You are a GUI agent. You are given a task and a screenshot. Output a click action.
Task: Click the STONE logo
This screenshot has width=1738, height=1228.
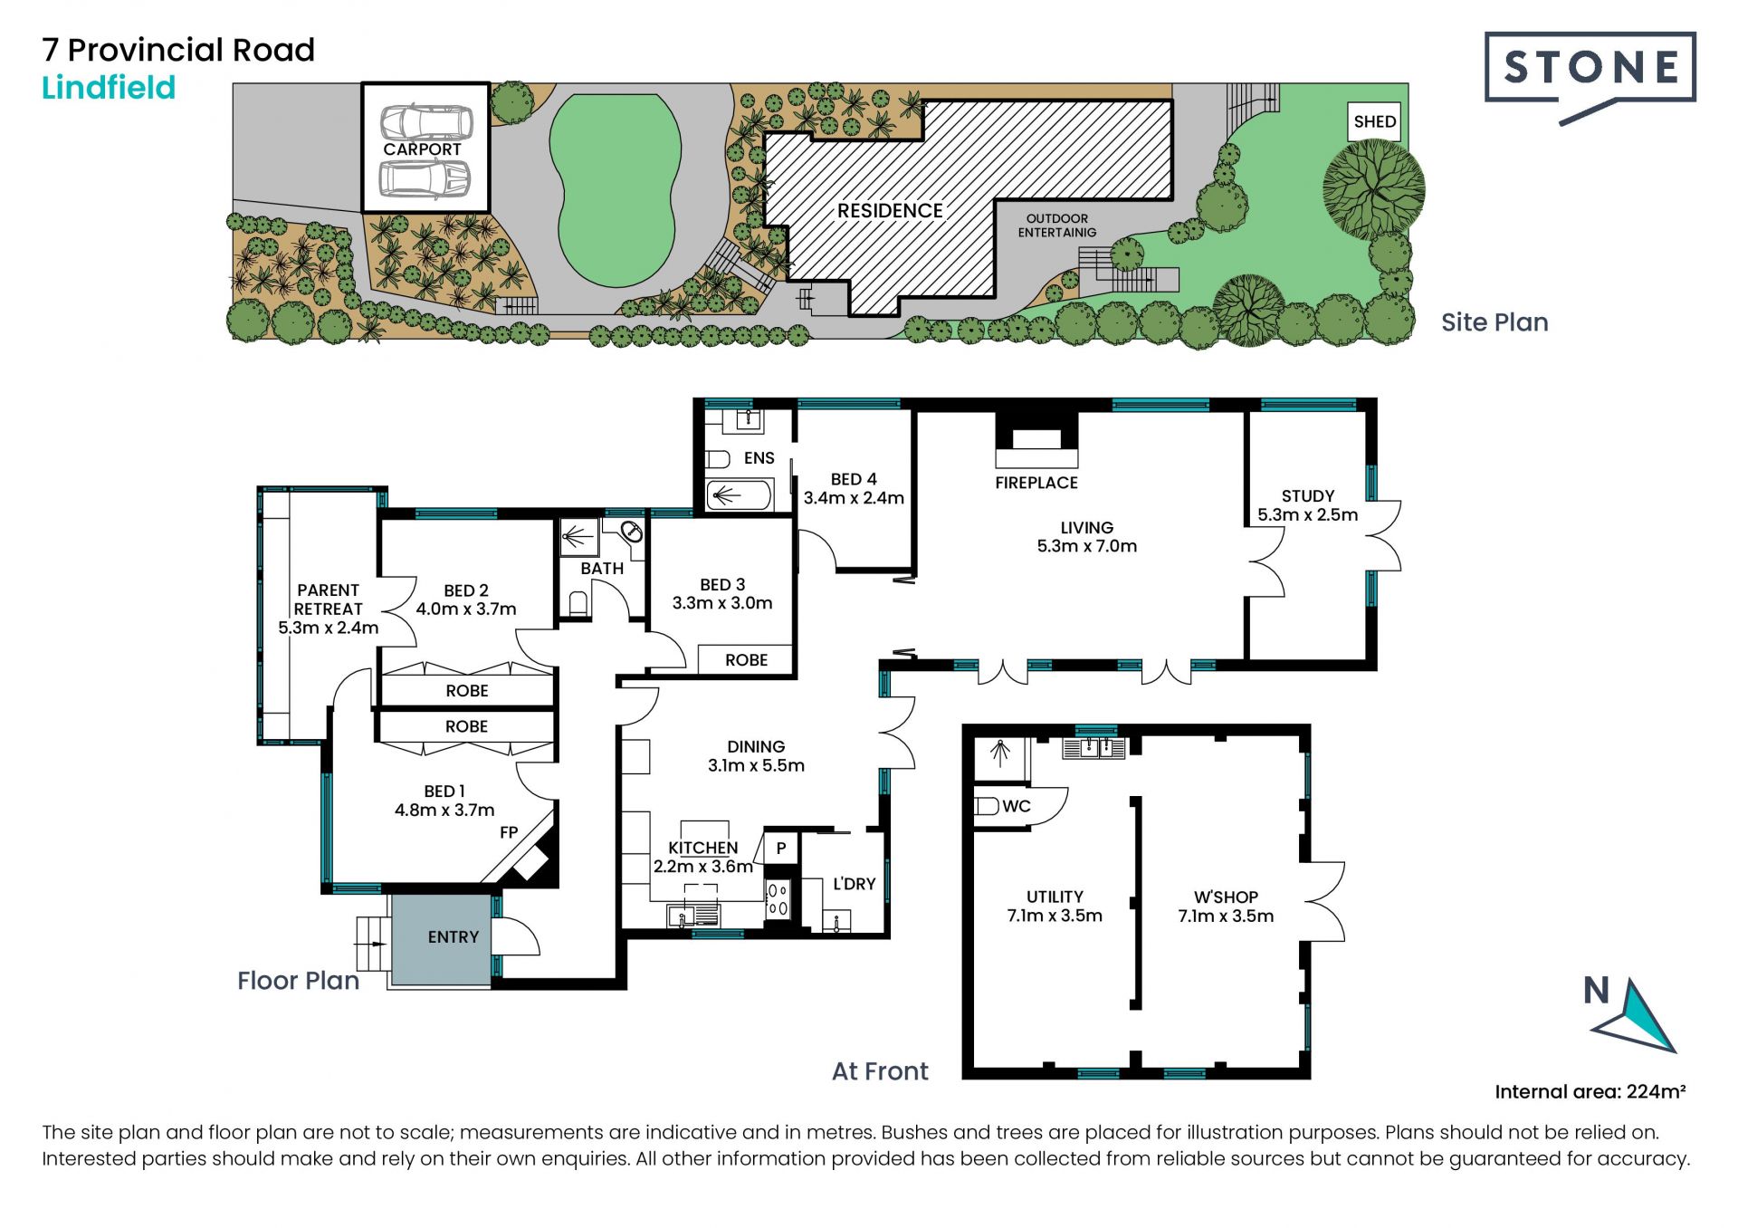(x=1590, y=76)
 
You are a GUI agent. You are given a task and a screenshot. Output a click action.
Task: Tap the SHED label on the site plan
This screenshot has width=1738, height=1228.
(x=1374, y=121)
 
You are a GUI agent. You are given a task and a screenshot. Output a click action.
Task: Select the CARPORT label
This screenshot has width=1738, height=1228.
(x=422, y=149)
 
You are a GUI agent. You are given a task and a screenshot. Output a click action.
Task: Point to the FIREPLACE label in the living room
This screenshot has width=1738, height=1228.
(x=1036, y=483)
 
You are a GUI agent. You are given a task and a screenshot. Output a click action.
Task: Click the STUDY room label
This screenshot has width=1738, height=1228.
(x=1308, y=496)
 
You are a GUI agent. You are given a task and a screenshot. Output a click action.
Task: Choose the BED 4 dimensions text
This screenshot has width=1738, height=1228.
(x=854, y=498)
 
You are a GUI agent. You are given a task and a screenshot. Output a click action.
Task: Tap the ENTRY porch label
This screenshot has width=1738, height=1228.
(x=453, y=937)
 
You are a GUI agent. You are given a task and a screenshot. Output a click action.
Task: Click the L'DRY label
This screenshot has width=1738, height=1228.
(x=854, y=883)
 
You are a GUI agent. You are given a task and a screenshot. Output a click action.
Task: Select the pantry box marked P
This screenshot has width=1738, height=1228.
(x=781, y=849)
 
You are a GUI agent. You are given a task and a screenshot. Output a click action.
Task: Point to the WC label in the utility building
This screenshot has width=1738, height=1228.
(x=1017, y=806)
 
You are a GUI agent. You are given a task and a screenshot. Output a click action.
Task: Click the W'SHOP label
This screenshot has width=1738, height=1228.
(x=1226, y=897)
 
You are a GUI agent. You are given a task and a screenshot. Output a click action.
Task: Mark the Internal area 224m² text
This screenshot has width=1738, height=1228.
(x=1590, y=1091)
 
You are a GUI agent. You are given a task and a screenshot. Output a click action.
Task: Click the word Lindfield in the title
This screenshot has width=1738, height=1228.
(x=109, y=88)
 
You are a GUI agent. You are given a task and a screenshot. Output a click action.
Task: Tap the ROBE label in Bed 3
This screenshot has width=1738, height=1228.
(x=746, y=660)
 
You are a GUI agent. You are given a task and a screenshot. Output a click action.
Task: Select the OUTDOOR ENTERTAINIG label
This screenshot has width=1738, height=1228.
(x=1057, y=225)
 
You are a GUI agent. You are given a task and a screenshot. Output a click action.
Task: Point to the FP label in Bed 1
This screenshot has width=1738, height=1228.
(x=509, y=832)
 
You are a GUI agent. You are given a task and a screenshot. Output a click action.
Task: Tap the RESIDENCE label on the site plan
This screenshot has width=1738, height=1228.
(x=890, y=211)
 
